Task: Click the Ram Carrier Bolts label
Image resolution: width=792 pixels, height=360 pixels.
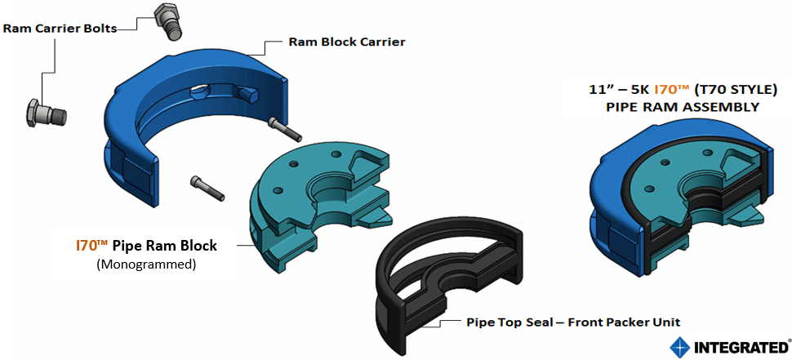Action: (60, 28)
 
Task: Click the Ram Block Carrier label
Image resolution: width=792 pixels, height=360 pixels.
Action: (346, 42)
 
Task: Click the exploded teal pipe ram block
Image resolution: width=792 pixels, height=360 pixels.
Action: (318, 204)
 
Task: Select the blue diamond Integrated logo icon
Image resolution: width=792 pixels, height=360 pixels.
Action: (679, 347)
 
